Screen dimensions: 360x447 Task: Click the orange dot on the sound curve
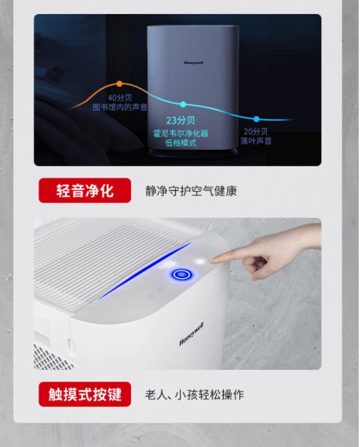(x=119, y=84)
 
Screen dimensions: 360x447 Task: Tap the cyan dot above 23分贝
(x=183, y=105)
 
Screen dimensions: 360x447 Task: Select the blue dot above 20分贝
(x=257, y=119)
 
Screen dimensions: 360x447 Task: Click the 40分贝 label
(x=120, y=98)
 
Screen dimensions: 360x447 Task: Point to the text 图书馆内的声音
(x=120, y=107)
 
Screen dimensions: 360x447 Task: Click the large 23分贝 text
(x=181, y=121)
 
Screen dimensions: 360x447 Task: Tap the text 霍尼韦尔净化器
(x=181, y=133)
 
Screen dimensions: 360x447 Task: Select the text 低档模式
(x=181, y=143)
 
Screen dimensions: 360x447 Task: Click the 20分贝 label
(x=256, y=131)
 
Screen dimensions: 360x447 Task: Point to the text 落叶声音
(x=256, y=141)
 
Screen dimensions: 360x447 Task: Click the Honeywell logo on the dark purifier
(x=193, y=62)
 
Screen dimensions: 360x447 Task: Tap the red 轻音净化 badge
(x=85, y=191)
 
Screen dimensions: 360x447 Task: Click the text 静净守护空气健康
(x=191, y=191)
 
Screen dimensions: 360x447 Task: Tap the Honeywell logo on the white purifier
(x=191, y=334)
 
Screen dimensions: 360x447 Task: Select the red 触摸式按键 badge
(x=85, y=394)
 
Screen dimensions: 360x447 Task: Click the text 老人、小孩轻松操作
(x=195, y=395)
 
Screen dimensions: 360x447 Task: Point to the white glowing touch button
(x=200, y=261)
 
